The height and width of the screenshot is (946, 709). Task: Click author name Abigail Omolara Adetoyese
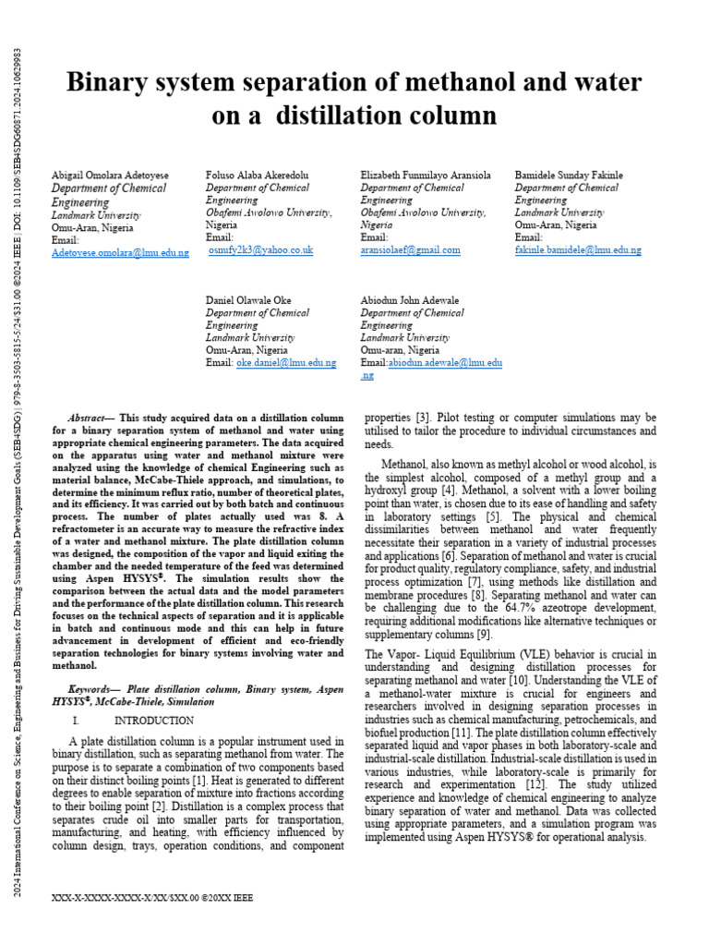point(109,176)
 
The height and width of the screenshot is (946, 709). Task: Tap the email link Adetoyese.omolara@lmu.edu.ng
point(120,252)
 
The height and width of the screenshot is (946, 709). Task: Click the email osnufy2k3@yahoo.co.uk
point(261,250)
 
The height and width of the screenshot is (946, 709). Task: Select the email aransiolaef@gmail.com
point(410,250)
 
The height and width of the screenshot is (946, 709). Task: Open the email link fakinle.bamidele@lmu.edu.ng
point(577,250)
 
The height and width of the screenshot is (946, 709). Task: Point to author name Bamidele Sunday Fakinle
point(568,176)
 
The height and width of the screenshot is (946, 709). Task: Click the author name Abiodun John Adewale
point(409,301)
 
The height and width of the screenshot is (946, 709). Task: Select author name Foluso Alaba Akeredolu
point(258,176)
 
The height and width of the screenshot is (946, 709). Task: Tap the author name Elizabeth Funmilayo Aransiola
point(425,176)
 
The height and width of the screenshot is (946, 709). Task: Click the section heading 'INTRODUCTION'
point(153,721)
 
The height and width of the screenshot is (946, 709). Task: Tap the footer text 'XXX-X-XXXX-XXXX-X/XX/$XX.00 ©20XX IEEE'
point(153,898)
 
